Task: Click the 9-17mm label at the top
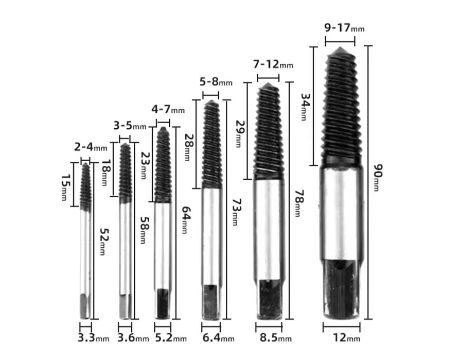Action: (x=344, y=28)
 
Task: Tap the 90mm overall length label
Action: (x=378, y=178)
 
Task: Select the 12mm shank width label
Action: (x=346, y=338)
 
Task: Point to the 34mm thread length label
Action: (x=306, y=107)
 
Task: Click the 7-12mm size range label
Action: (x=273, y=64)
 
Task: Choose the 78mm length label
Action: (x=299, y=203)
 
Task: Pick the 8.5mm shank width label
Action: (x=275, y=338)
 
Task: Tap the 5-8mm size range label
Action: (x=216, y=81)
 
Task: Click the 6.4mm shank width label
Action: (x=219, y=338)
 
